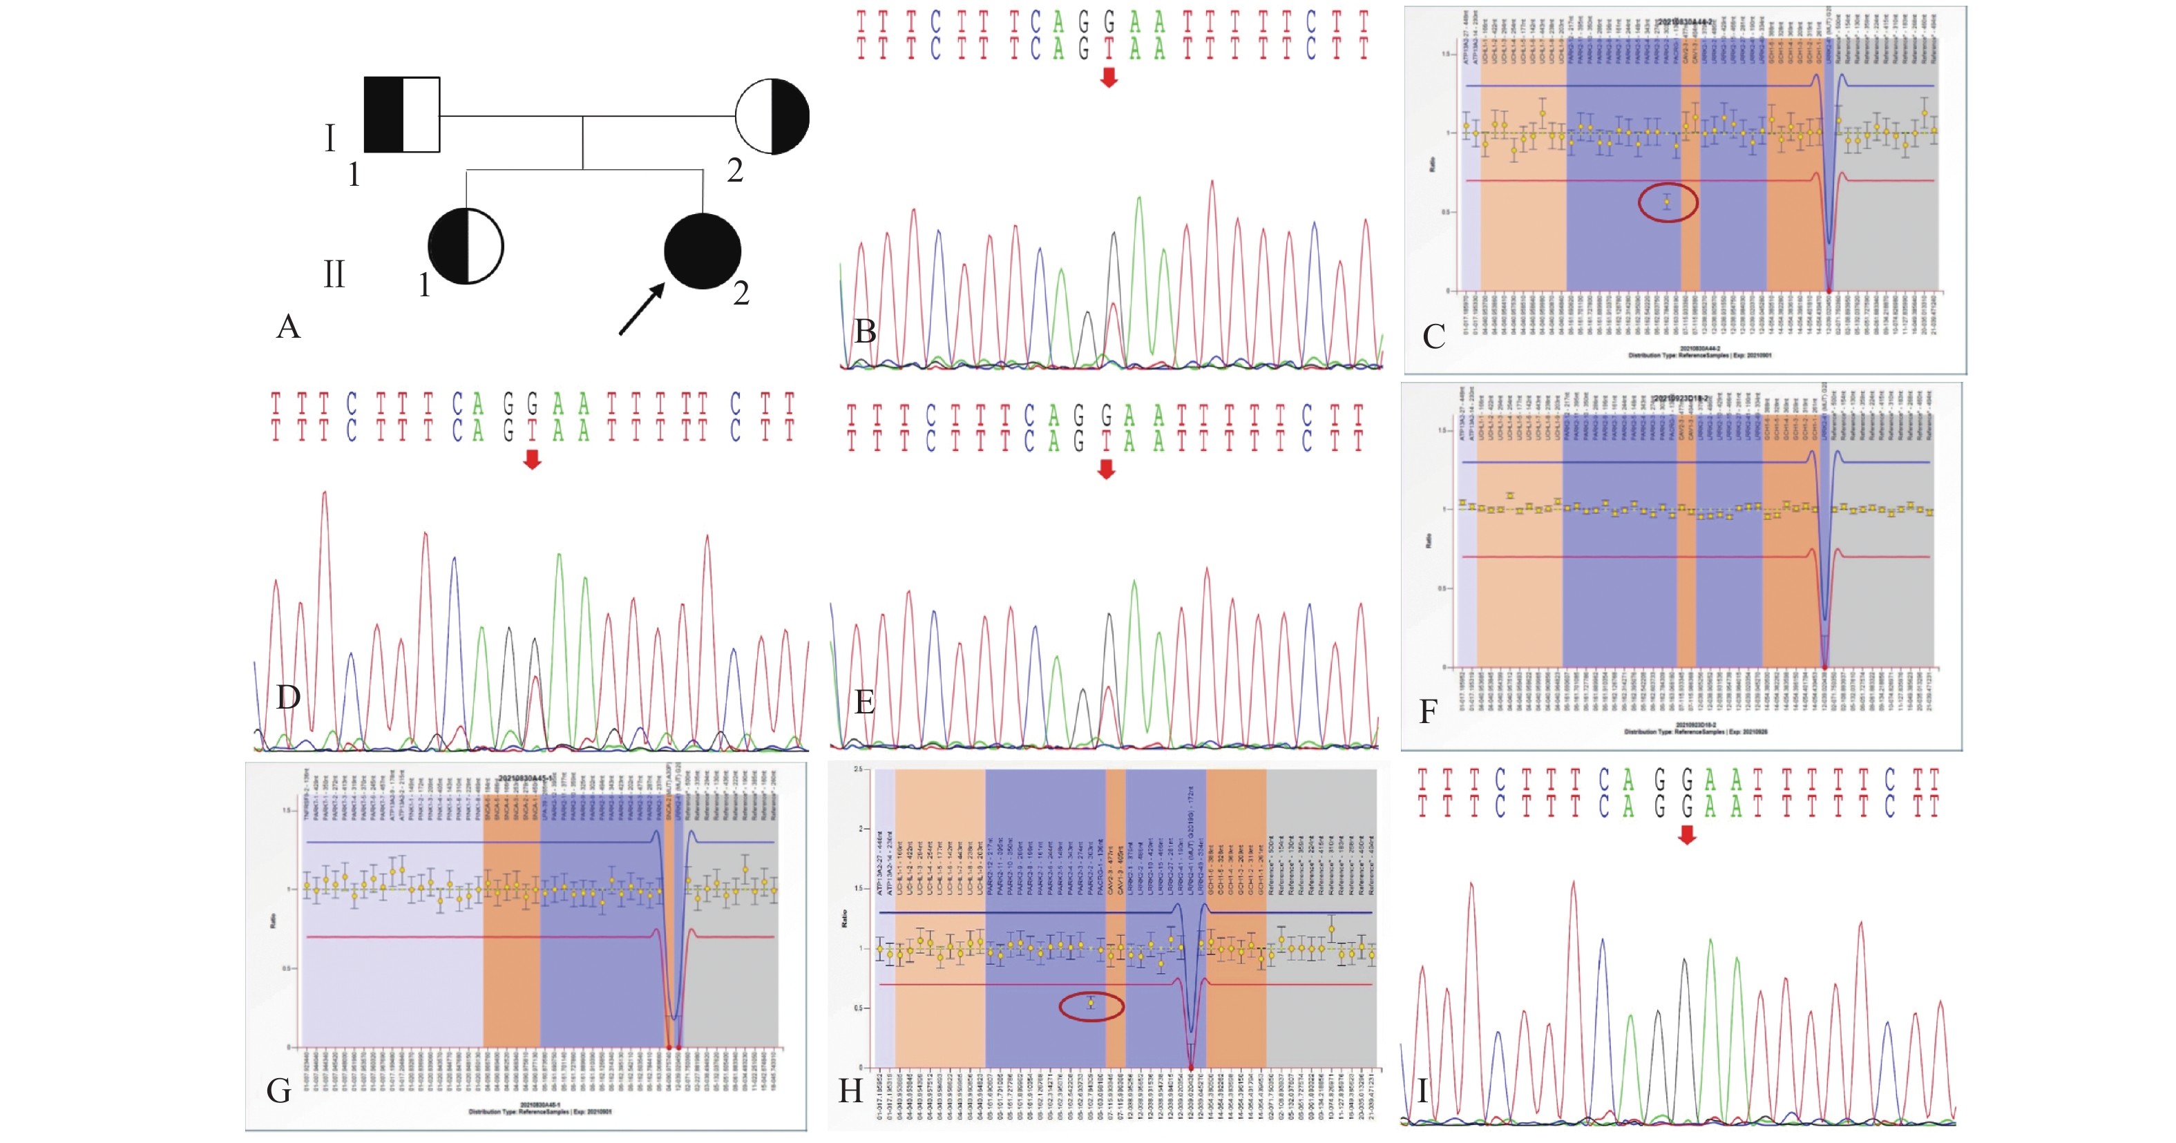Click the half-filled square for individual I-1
point(401,115)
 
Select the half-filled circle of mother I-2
point(772,117)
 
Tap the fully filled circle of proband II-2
point(702,251)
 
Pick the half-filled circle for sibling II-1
point(466,246)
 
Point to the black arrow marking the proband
point(641,308)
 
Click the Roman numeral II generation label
point(334,275)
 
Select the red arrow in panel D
point(531,459)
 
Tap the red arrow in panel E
point(1106,469)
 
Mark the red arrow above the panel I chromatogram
point(1687,835)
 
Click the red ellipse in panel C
point(1668,203)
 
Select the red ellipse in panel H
point(1091,1006)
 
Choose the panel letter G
point(279,1091)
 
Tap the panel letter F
point(1428,712)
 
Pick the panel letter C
point(1433,337)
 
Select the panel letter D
point(288,698)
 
